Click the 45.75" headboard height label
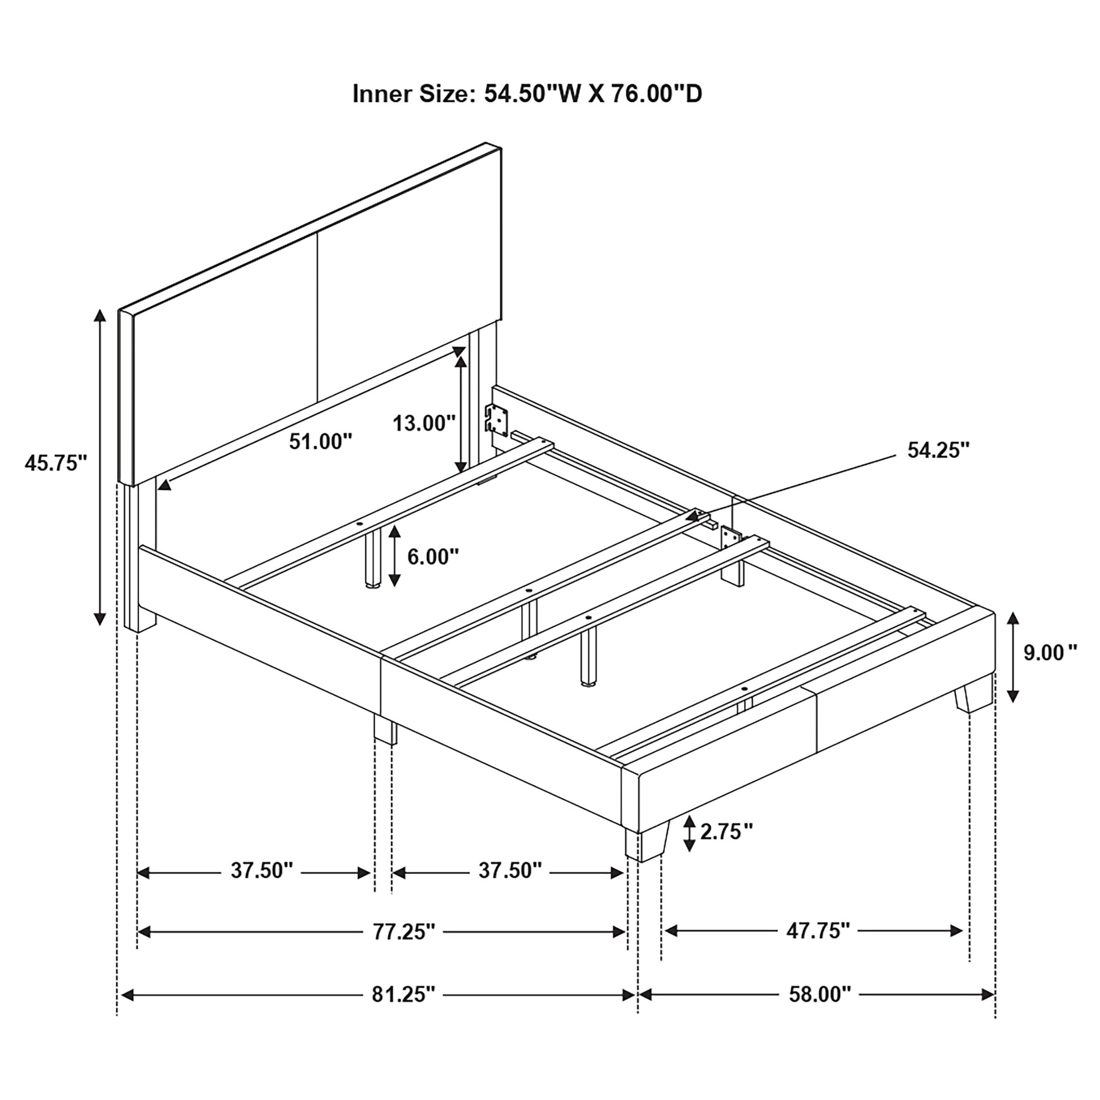[x=55, y=463]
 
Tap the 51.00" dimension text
[x=321, y=441]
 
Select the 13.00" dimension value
[x=424, y=423]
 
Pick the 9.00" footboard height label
[x=1050, y=653]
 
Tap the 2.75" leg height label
[x=726, y=832]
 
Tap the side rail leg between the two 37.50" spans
[x=385, y=730]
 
